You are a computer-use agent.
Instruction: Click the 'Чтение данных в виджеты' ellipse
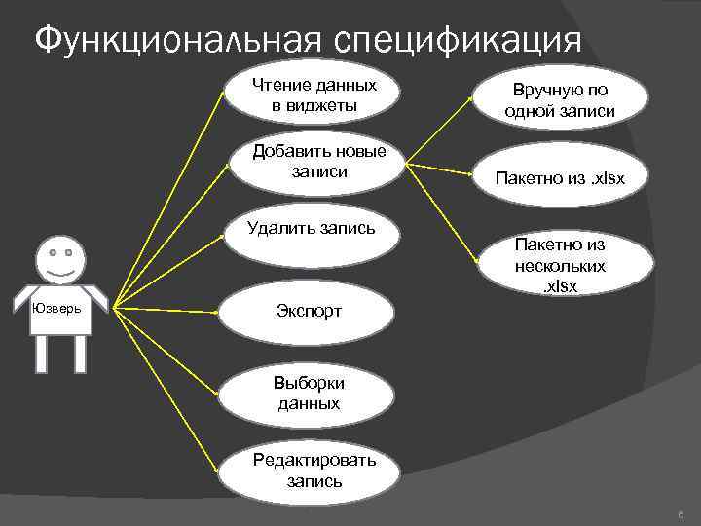tap(314, 94)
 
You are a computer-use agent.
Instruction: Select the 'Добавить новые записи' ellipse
tap(318, 162)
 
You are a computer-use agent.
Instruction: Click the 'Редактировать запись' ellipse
tap(314, 471)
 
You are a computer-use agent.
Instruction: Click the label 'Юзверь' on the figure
tap(55, 309)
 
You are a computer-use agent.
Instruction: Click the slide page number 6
tap(680, 513)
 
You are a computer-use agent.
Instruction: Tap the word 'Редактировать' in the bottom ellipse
tap(314, 462)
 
